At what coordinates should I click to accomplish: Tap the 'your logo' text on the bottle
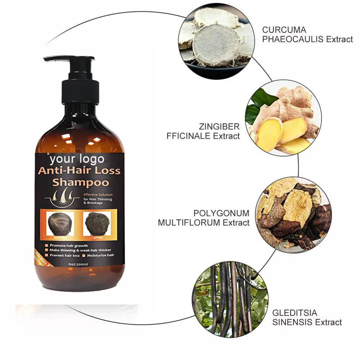(x=76, y=159)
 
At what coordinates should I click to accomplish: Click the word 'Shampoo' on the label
(x=81, y=181)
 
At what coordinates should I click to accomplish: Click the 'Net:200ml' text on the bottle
(x=79, y=264)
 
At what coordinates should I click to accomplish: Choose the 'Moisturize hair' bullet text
(x=100, y=255)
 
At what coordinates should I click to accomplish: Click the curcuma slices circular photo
(x=216, y=43)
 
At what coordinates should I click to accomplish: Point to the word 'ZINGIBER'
(x=219, y=126)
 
